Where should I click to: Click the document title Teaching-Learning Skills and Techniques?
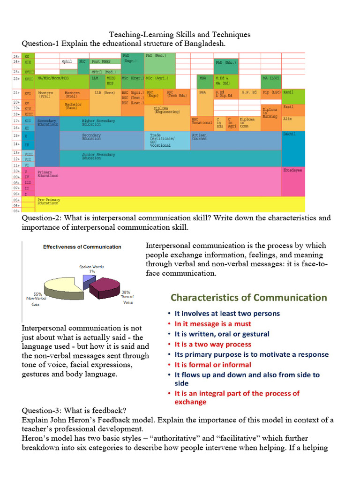[x=180, y=35]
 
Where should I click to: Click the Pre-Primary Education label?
[x=48, y=202]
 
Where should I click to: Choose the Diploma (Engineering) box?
[x=166, y=111]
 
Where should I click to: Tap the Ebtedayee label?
[x=292, y=170]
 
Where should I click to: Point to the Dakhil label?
[x=289, y=134]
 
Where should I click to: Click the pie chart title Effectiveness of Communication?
[x=82, y=247]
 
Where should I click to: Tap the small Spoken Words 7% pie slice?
[x=87, y=281]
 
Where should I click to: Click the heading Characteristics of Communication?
[x=248, y=298]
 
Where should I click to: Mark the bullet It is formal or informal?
[x=213, y=365]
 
